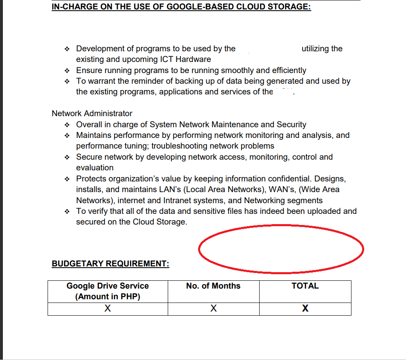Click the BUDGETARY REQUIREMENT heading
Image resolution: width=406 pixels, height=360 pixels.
click(x=110, y=264)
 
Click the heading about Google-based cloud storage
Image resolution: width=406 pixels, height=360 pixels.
click(x=181, y=7)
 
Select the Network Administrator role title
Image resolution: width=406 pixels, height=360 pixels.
click(x=92, y=113)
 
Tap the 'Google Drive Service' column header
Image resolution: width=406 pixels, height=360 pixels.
click(x=107, y=286)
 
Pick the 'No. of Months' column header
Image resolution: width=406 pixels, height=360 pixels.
click(x=213, y=286)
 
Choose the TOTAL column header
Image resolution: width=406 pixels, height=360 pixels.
click(x=305, y=286)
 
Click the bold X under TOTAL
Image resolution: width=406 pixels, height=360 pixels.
click(x=305, y=309)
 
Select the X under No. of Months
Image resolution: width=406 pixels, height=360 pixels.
click(x=213, y=309)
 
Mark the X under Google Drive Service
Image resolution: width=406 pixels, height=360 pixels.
click(x=107, y=309)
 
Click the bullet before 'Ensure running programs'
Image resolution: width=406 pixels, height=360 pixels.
click(x=67, y=71)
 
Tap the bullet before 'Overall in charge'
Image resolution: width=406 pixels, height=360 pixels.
click(x=67, y=125)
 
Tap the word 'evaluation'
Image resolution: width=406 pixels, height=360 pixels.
click(x=95, y=168)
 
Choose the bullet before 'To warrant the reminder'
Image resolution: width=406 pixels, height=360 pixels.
click(x=67, y=81)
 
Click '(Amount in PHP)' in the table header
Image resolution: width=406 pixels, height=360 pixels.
click(x=107, y=297)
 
